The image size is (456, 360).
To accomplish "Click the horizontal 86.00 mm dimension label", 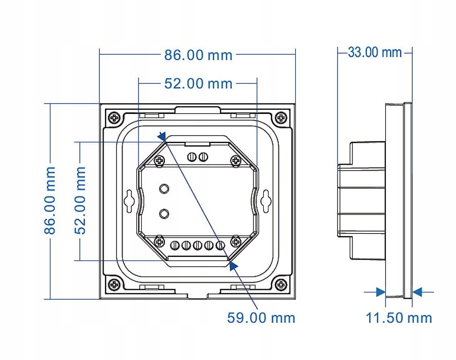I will coord(198,55).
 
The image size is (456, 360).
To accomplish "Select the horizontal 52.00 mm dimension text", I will coord(198,84).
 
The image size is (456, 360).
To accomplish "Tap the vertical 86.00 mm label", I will coord(50,200).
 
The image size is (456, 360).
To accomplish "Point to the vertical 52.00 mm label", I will coord(81,200).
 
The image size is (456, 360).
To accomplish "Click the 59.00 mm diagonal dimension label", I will coord(261,317).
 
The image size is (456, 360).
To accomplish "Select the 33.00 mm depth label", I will coord(375,52).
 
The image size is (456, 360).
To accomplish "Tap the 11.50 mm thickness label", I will coord(399,318).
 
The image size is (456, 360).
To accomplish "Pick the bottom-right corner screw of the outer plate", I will coord(281,284).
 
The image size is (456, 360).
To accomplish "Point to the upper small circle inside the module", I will coord(164,188).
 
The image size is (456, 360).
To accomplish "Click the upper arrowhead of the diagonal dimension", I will coord(161,136).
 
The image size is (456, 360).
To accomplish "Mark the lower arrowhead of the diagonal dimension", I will coord(234,265).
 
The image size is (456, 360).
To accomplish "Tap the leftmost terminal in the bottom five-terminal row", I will coord(175,245).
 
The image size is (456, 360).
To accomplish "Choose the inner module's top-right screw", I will coord(236,160).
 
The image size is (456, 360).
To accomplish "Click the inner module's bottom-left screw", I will coord(159,241).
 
